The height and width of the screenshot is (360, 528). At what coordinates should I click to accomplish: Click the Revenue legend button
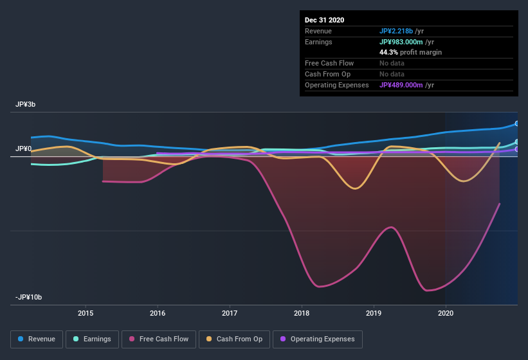37,339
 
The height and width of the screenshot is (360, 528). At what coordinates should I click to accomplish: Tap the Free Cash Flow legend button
159,339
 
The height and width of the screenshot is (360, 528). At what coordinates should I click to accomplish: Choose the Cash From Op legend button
234,339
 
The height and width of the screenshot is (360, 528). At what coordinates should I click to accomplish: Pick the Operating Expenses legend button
317,339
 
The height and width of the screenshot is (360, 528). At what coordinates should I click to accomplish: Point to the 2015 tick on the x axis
86,313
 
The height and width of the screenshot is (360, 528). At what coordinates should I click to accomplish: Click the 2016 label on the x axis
158,313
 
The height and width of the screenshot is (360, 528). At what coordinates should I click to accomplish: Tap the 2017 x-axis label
230,313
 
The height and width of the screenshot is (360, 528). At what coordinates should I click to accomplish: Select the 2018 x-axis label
302,313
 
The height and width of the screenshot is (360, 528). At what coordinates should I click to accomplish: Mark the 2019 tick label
374,313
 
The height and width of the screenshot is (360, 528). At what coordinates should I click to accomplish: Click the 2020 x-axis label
446,313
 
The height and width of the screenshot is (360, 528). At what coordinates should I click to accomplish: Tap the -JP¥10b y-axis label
28,297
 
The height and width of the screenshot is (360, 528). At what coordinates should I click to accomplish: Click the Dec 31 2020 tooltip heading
324,20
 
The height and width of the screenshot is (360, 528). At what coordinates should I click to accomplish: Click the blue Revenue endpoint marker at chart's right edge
516,123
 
